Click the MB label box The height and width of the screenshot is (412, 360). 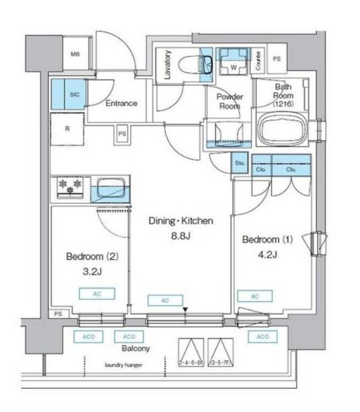(75, 55)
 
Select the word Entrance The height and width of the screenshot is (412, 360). (121, 104)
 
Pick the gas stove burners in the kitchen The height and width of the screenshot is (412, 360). (70, 185)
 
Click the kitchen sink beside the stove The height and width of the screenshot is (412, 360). (112, 188)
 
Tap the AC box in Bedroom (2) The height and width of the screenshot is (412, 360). (92, 294)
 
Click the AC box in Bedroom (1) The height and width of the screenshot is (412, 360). (255, 296)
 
